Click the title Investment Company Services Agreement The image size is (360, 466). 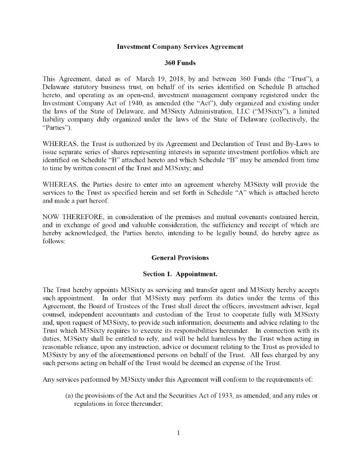[180, 47]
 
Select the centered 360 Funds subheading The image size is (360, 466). [180, 63]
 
